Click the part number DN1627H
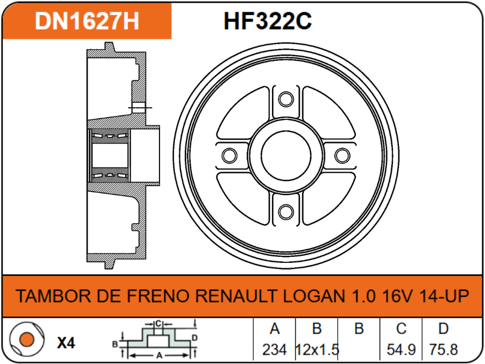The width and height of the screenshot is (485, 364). [x=87, y=21]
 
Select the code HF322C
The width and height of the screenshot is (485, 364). [x=268, y=21]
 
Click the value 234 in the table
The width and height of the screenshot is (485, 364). [x=274, y=349]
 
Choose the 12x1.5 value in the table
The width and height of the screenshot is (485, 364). [x=317, y=349]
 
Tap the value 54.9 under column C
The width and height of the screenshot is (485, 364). [x=401, y=349]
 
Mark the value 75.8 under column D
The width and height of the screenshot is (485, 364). [x=443, y=349]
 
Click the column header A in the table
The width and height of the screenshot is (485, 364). [x=274, y=329]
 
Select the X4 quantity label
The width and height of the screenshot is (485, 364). [x=66, y=342]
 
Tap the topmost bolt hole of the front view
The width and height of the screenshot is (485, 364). [x=285, y=99]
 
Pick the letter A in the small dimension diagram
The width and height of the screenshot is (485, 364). [x=159, y=353]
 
